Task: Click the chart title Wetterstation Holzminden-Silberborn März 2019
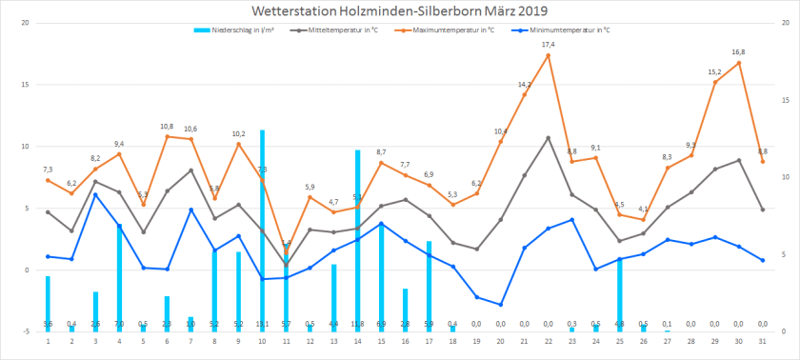[399, 11]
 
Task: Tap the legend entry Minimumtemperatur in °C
[563, 30]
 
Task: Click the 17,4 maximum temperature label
[549, 45]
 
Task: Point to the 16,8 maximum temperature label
[738, 52]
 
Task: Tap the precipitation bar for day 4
[119, 276]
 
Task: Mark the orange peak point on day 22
[549, 55]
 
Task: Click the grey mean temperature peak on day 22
[549, 138]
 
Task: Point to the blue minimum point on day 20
[501, 305]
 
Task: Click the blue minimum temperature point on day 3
[95, 195]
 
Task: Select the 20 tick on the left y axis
[24, 23]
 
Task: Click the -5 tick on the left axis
[24, 332]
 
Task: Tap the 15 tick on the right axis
[784, 100]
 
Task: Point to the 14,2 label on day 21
[525, 85]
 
